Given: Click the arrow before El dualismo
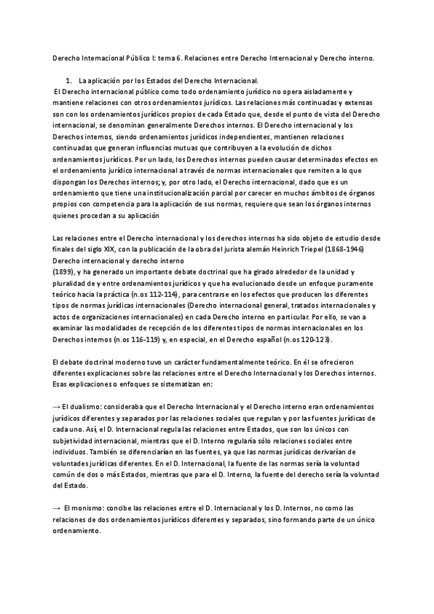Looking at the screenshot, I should pos(56,408).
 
